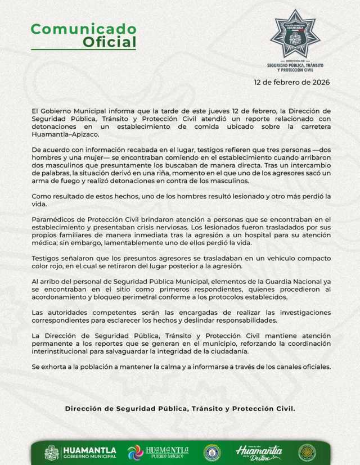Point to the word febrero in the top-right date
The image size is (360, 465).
pos(285,82)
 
